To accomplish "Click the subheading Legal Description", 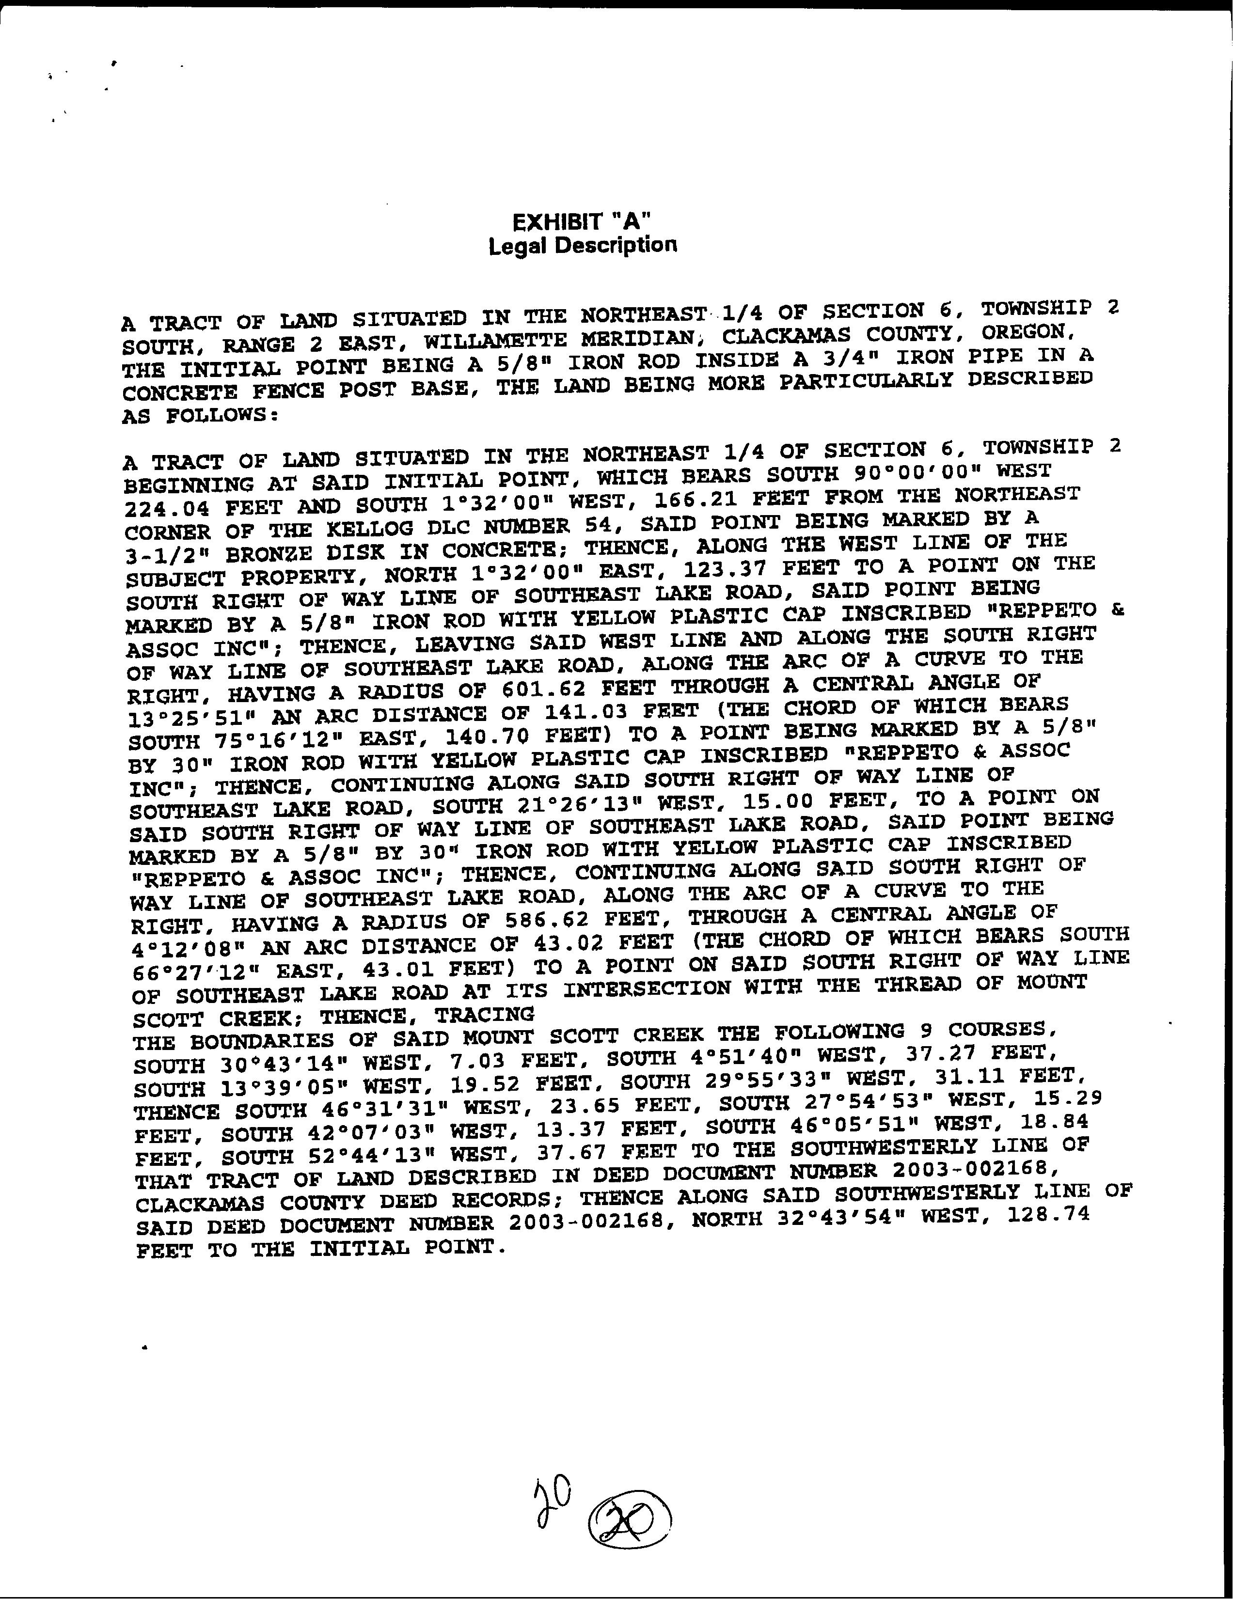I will (582, 245).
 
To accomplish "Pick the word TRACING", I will (484, 1015).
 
